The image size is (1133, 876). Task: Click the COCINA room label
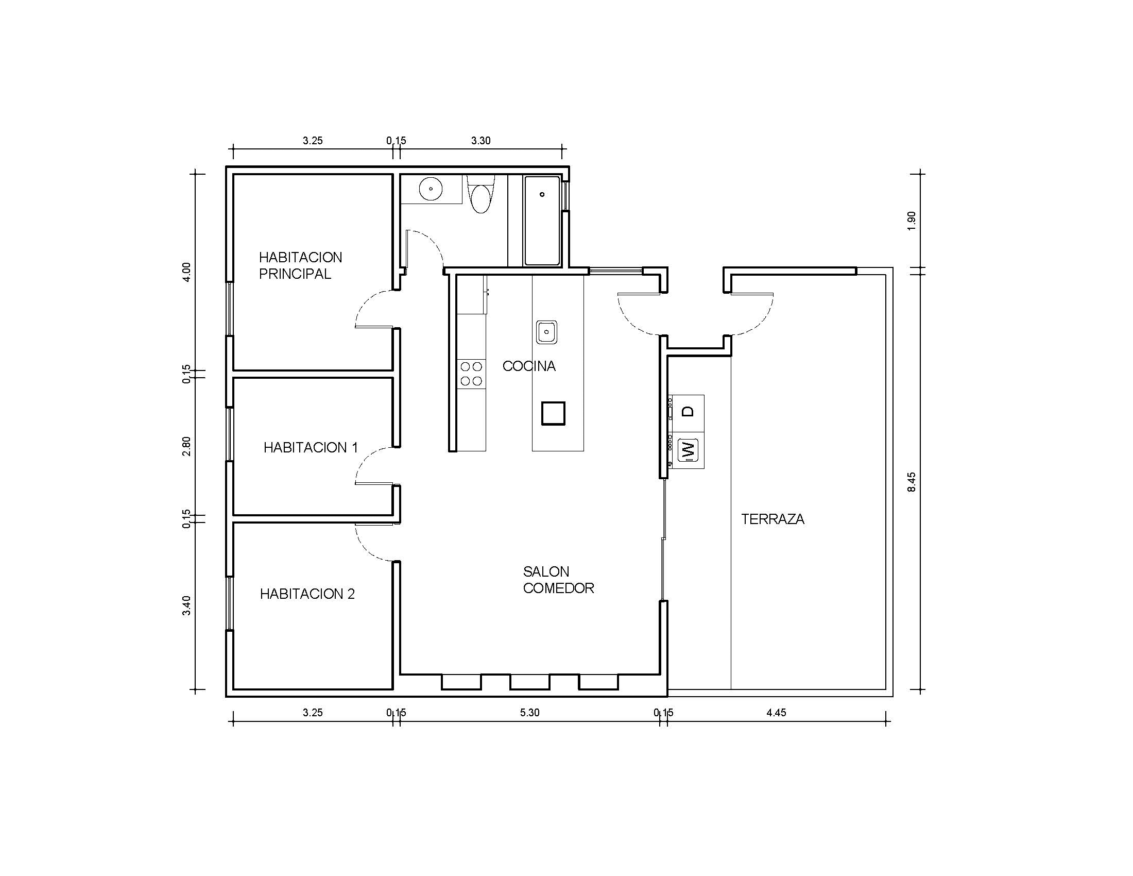528,366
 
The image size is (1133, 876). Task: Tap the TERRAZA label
772,519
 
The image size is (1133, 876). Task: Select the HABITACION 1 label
310,447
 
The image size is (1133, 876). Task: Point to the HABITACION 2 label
307,594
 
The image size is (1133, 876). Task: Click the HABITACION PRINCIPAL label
300,265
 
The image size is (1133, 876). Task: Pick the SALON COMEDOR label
558,580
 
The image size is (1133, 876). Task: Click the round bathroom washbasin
431,189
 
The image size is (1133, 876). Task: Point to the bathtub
542,221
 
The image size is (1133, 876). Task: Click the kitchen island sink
546,332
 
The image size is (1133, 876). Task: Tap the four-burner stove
471,374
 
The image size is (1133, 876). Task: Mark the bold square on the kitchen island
553,414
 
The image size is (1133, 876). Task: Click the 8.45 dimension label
912,482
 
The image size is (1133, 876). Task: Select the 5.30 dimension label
529,713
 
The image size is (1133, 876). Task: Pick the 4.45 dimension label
776,713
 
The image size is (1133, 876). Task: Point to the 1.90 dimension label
912,221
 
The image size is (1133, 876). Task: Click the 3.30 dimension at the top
480,140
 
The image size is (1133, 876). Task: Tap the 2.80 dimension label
186,446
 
